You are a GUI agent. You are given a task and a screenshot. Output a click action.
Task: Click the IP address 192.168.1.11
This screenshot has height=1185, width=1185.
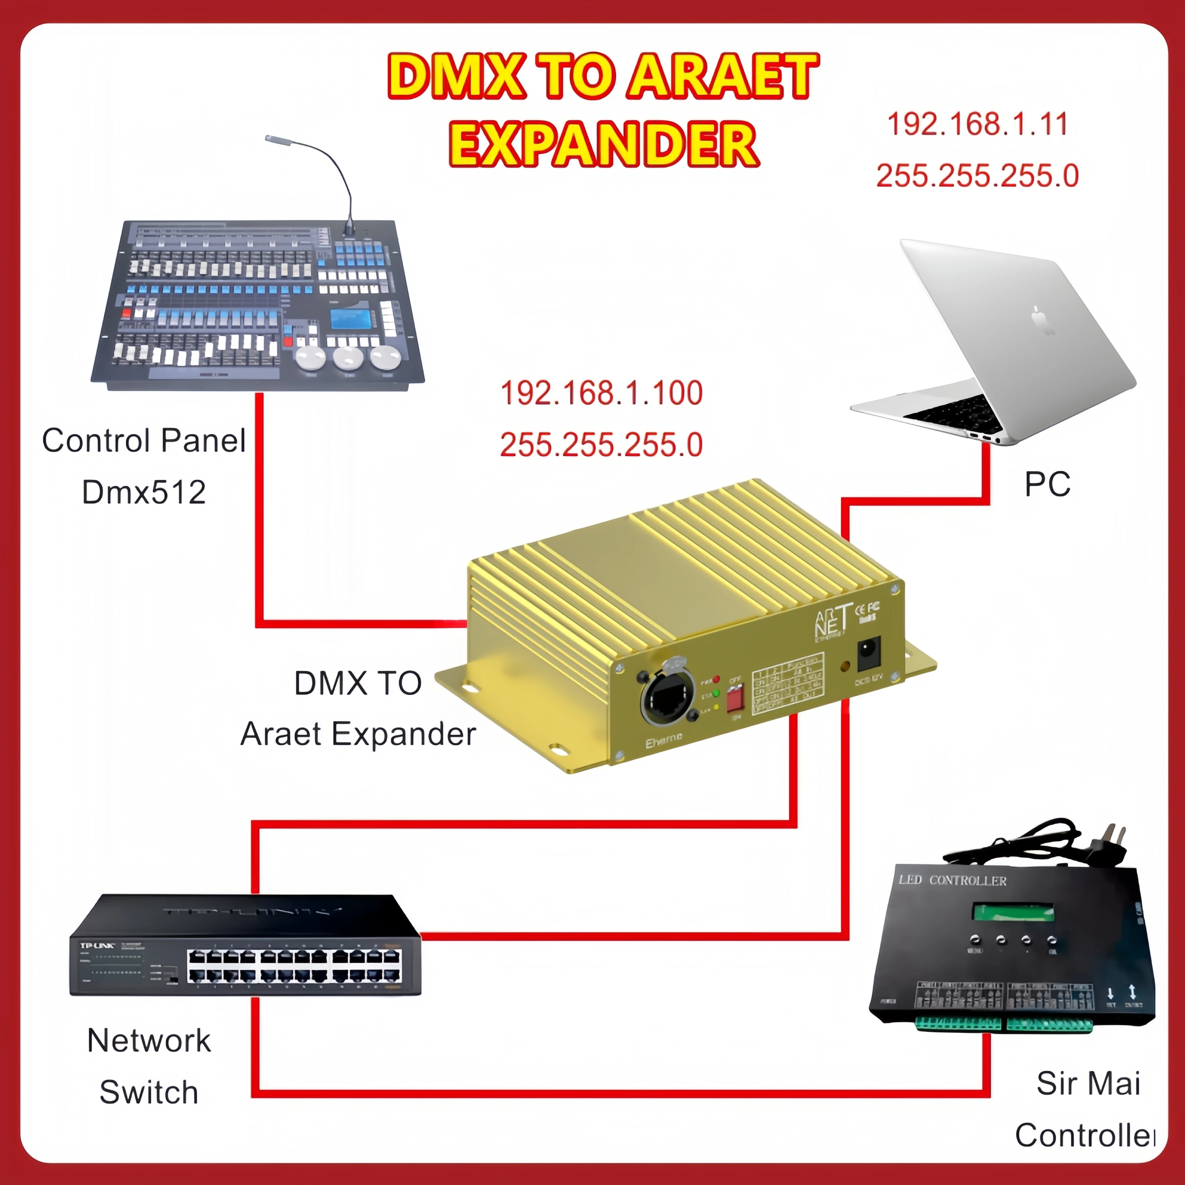point(978,124)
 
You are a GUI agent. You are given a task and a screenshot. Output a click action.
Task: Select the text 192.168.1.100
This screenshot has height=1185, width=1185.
point(601,393)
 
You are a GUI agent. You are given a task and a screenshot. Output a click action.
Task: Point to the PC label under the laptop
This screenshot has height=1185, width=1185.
point(1047,484)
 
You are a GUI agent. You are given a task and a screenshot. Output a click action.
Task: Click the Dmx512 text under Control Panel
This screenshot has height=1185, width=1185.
point(144,492)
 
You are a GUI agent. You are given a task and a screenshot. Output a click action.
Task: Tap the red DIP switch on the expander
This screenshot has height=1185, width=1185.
point(735,698)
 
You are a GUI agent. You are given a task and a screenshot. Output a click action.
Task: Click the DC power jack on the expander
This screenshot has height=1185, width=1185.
point(868,654)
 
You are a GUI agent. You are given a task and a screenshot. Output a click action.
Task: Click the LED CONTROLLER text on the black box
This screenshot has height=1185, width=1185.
point(952,880)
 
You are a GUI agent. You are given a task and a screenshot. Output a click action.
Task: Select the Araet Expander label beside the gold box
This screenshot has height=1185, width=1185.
point(358,734)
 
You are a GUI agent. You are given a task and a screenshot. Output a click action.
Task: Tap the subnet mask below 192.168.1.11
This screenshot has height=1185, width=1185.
point(977,176)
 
